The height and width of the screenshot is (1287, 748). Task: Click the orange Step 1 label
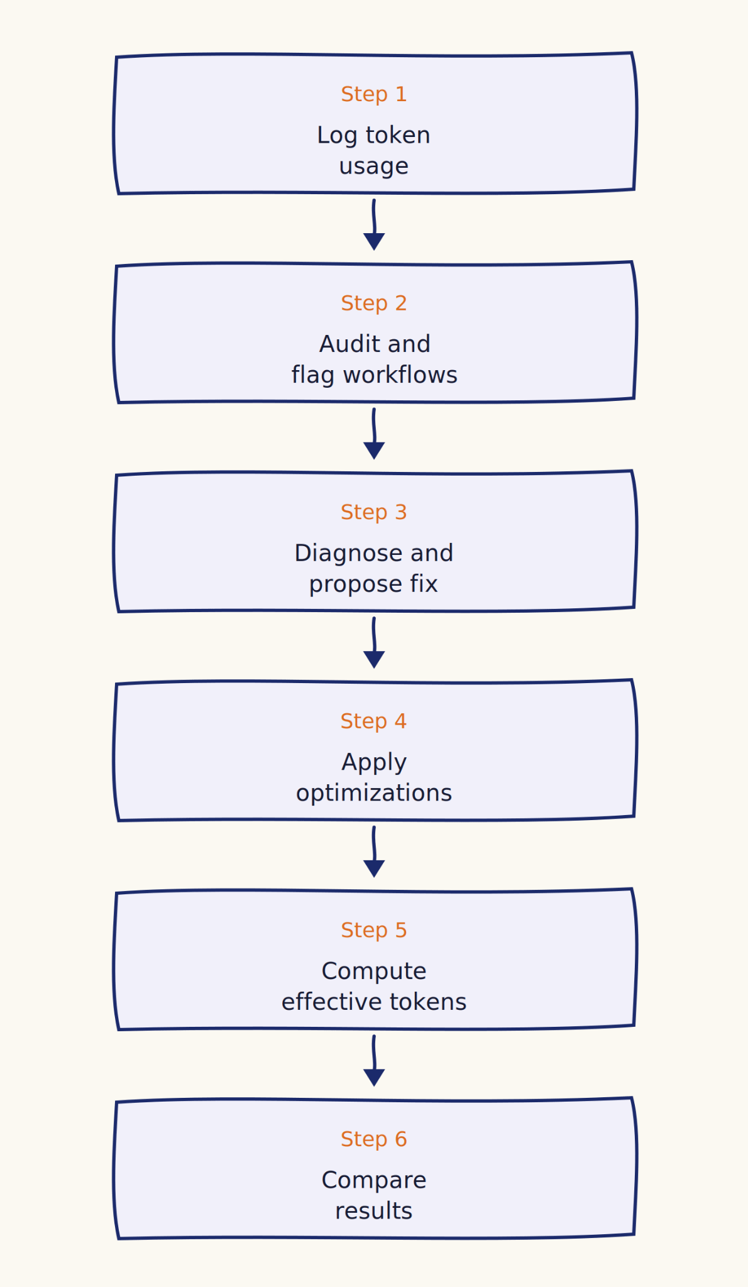click(x=374, y=94)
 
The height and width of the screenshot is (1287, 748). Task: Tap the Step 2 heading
click(x=374, y=304)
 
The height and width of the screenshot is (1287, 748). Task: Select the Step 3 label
click(x=374, y=512)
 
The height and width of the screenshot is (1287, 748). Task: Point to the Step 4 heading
click(x=374, y=721)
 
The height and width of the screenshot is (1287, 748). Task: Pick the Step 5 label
click(x=374, y=931)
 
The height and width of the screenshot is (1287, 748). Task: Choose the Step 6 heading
click(x=374, y=1139)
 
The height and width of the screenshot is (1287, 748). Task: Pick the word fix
click(x=424, y=584)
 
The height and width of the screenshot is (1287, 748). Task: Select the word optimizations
click(x=374, y=794)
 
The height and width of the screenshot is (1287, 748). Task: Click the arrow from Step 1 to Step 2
click(x=374, y=225)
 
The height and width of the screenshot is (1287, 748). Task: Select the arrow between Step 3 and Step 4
click(x=374, y=643)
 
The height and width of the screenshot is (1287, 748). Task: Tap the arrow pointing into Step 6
click(x=374, y=1061)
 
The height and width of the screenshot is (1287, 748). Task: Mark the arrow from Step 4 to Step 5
click(x=374, y=852)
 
